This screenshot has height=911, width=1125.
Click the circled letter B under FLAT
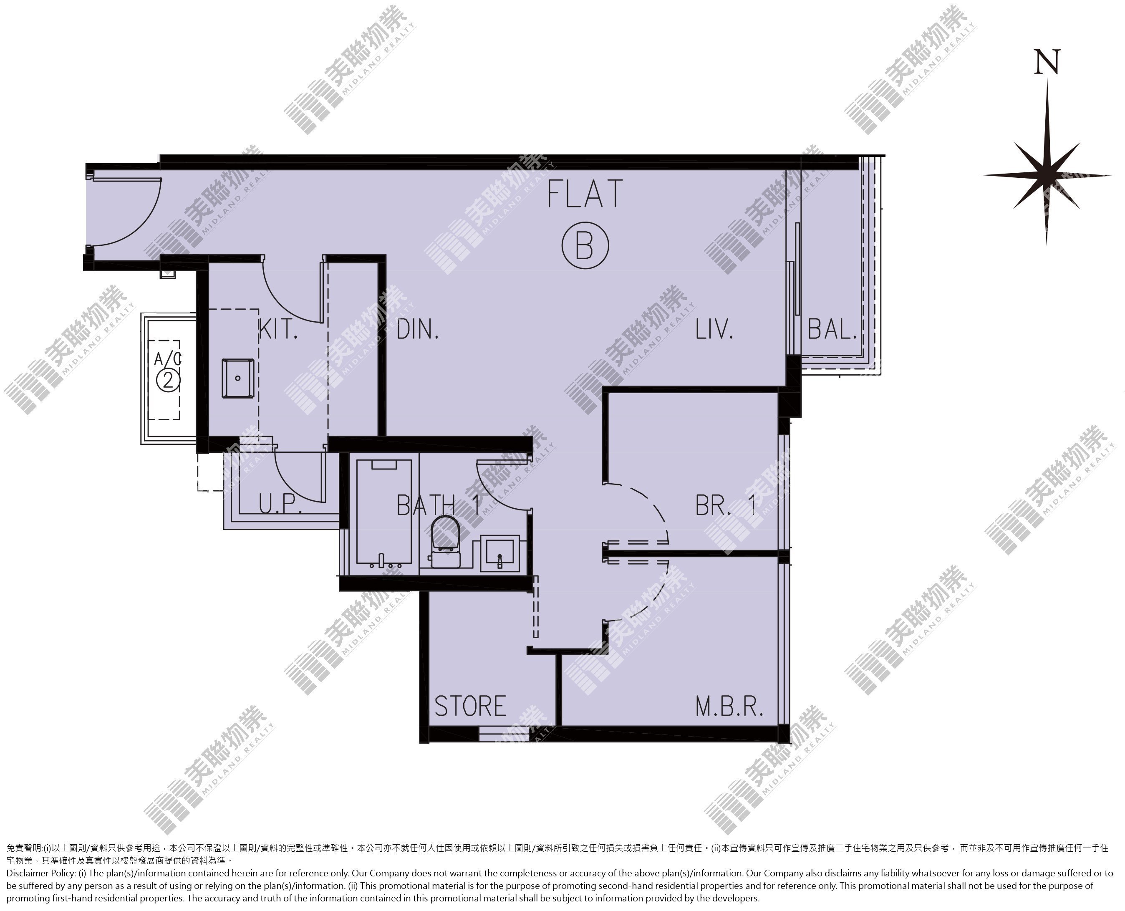coord(585,246)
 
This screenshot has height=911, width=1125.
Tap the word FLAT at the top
coord(585,193)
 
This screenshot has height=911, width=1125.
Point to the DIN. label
coord(418,330)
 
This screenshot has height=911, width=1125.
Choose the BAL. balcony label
coord(832,330)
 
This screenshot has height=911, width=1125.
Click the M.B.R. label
coord(729,707)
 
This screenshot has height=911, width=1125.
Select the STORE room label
coord(470,707)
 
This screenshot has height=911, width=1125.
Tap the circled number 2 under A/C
coord(168,379)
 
